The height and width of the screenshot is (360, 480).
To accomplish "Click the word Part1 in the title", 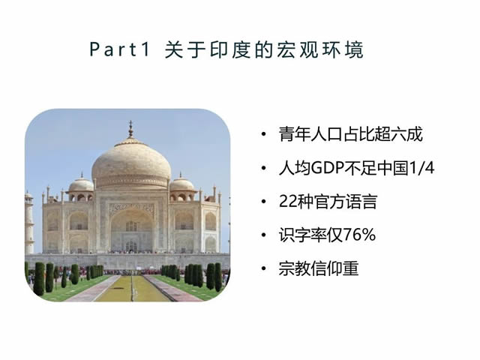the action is pyautogui.click(x=120, y=49).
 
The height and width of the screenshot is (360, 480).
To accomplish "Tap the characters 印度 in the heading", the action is pyautogui.click(x=230, y=49).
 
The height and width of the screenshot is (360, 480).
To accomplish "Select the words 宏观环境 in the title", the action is pyautogui.click(x=320, y=49).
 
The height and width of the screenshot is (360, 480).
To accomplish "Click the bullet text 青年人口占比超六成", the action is pyautogui.click(x=351, y=134).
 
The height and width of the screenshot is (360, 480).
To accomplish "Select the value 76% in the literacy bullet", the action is pyautogui.click(x=359, y=235).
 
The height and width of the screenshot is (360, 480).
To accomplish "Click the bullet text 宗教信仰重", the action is pyautogui.click(x=319, y=268).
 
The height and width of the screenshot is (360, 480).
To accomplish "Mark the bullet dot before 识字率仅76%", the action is pyautogui.click(x=263, y=235).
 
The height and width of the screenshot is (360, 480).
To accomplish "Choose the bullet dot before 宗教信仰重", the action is pyautogui.click(x=263, y=268).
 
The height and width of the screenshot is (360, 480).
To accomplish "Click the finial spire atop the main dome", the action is pyautogui.click(x=130, y=129).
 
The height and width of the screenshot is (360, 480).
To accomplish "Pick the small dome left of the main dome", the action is pyautogui.click(x=81, y=184).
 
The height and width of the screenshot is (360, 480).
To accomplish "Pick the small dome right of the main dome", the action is pyautogui.click(x=181, y=184).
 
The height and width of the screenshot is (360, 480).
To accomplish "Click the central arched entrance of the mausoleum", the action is pyautogui.click(x=132, y=230).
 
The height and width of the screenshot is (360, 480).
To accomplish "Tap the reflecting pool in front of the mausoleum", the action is pyautogui.click(x=132, y=288).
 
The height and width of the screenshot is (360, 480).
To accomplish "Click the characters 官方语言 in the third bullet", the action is pyautogui.click(x=345, y=202).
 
